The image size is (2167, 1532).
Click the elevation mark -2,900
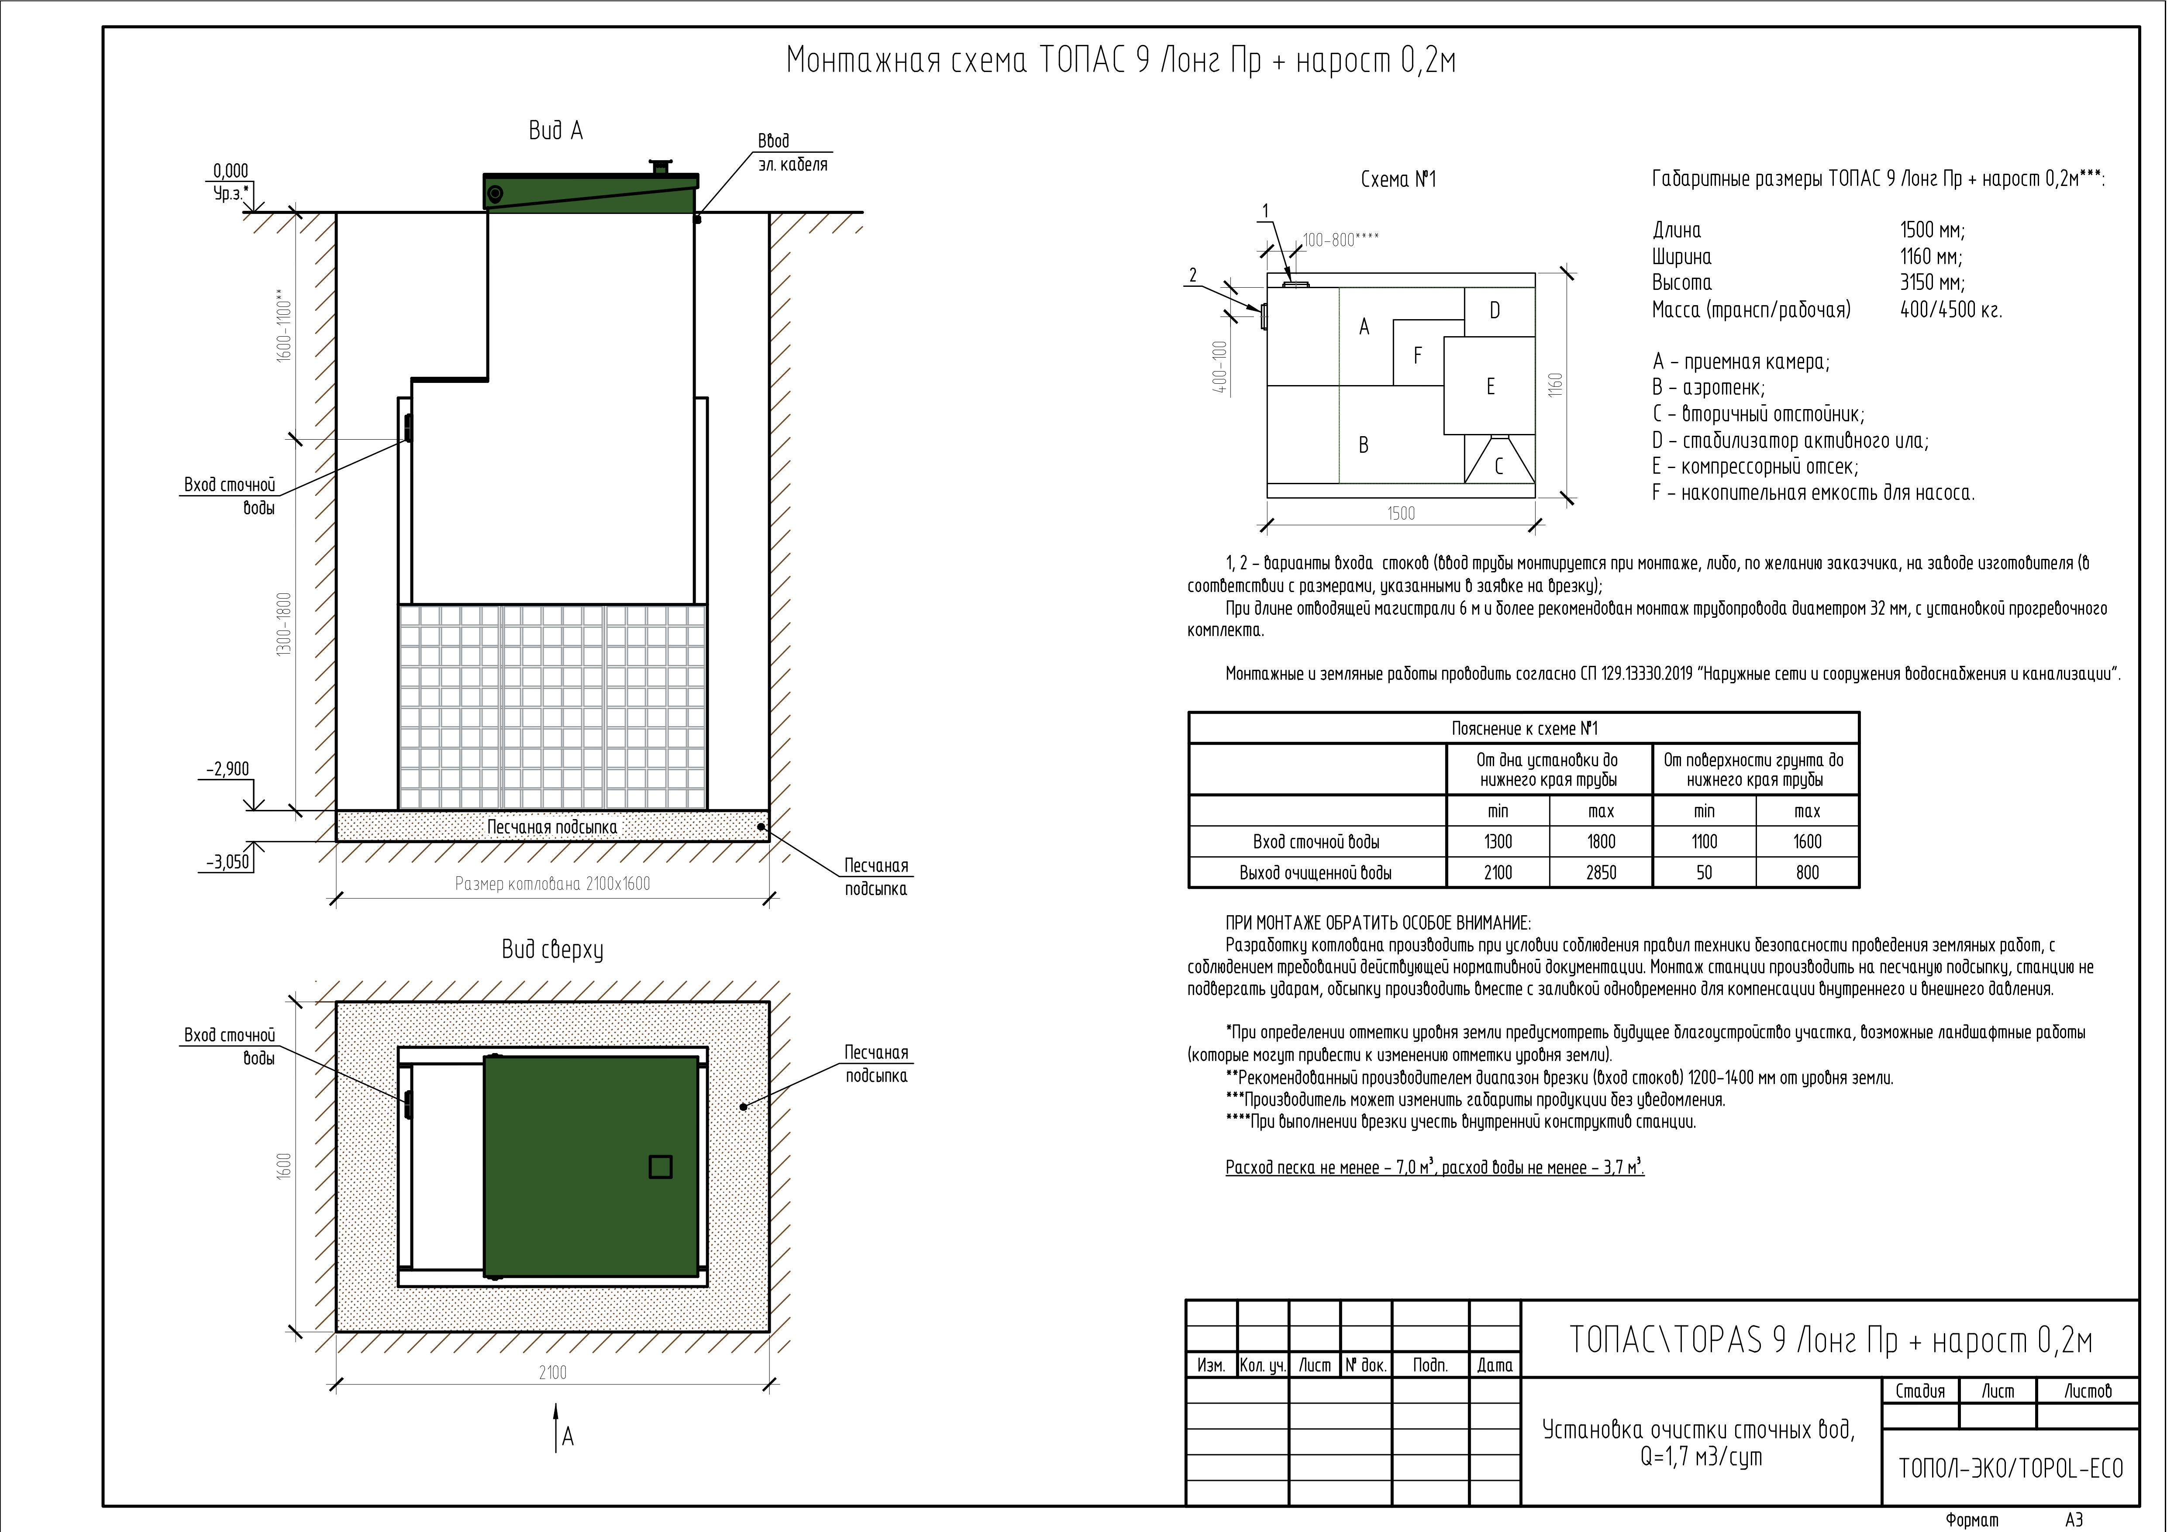pyautogui.click(x=228, y=769)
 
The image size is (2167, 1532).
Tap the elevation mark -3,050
pyautogui.click(x=228, y=862)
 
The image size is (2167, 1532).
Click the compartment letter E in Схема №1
pyautogui.click(x=1490, y=386)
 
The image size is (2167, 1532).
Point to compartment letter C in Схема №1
pyautogui.click(x=1498, y=466)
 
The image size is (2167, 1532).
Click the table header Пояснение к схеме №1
pyautogui.click(x=1524, y=729)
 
